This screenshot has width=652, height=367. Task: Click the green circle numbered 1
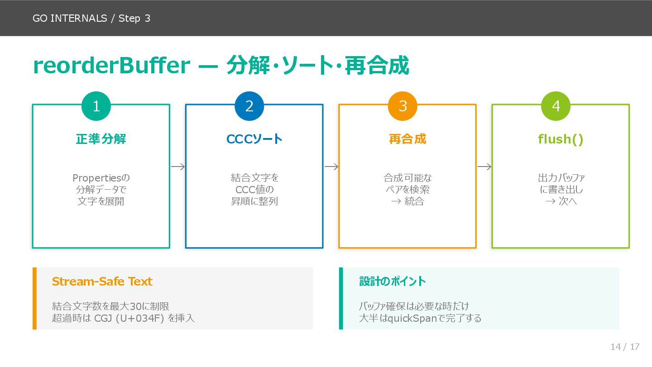(x=96, y=106)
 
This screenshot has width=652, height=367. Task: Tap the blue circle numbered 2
(x=249, y=106)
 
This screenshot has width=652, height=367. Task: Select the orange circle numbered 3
(x=403, y=106)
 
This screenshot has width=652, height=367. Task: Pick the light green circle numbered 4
(x=556, y=106)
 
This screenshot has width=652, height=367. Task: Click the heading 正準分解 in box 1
(x=101, y=139)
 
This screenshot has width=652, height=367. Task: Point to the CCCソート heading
(x=254, y=139)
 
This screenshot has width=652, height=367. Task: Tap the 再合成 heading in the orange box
(x=407, y=139)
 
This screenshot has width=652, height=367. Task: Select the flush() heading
(x=561, y=139)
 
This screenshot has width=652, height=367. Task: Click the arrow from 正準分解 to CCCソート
(x=177, y=167)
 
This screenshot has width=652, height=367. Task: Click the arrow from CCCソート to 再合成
(x=331, y=167)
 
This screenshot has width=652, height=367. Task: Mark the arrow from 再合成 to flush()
(x=484, y=167)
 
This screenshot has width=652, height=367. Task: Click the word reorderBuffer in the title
(x=111, y=66)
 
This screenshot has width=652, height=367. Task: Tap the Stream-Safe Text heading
(x=102, y=281)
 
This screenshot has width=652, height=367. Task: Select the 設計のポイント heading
(x=393, y=281)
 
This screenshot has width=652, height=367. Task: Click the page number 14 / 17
(x=625, y=347)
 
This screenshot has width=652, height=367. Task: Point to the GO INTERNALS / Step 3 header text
(x=91, y=19)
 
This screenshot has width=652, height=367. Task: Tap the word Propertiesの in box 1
(x=101, y=178)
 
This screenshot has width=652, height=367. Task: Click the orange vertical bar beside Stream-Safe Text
(x=34, y=298)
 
